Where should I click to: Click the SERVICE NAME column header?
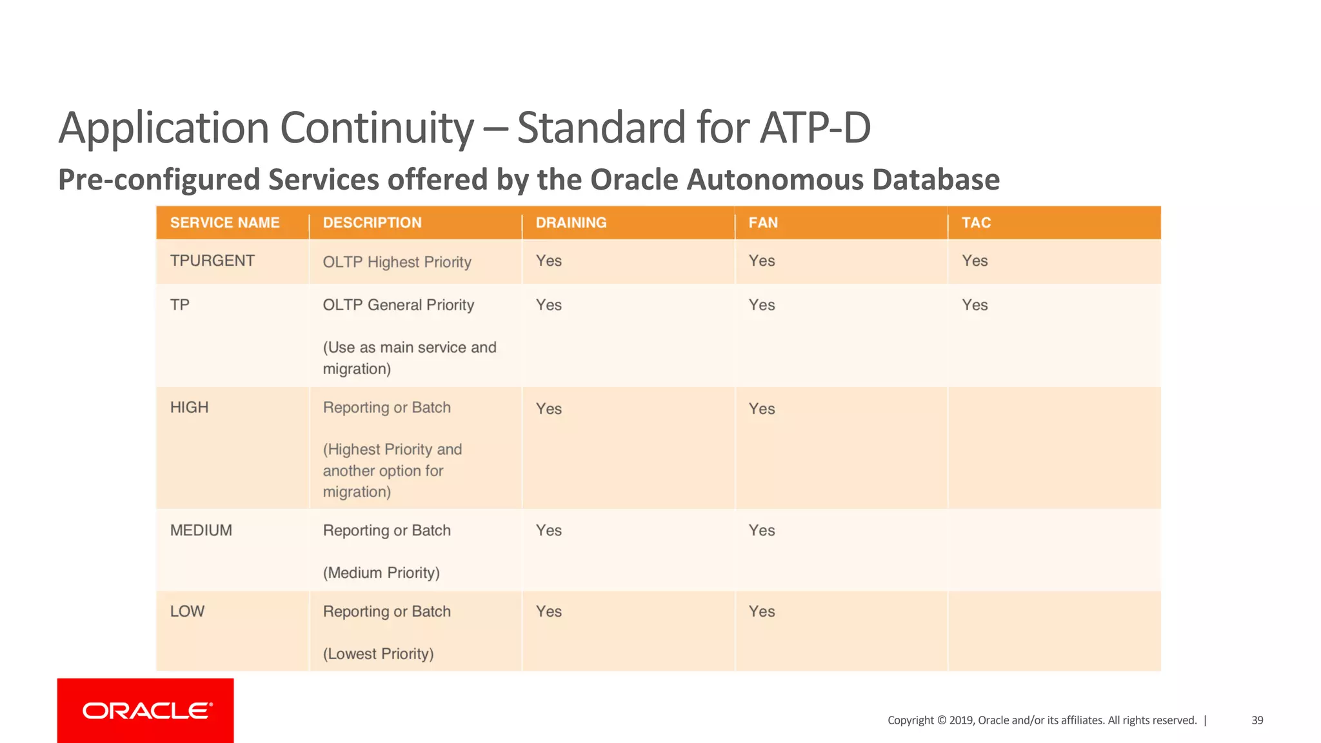point(224,223)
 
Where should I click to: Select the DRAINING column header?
point(571,223)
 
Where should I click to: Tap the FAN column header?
point(763,223)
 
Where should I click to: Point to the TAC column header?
point(976,223)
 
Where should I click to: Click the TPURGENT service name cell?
point(212,261)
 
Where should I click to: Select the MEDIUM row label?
point(201,531)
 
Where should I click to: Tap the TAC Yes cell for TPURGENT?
point(975,261)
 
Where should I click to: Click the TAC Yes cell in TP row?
point(975,305)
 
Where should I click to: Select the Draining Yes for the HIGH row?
point(549,410)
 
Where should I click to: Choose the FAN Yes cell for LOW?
point(762,612)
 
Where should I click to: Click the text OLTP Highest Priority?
point(397,263)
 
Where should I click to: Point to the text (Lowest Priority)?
point(378,654)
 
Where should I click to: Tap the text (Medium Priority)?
point(381,573)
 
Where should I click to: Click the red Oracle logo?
point(146,711)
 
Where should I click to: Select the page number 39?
point(1257,720)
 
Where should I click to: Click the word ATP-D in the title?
point(815,128)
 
